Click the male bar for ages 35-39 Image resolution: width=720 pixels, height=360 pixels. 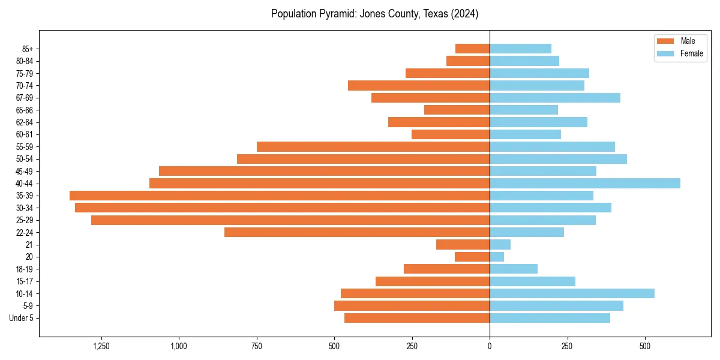pyautogui.click(x=280, y=196)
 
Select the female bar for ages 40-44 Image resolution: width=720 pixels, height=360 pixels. pyautogui.click(x=585, y=183)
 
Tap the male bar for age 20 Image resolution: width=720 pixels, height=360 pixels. pyautogui.click(x=472, y=257)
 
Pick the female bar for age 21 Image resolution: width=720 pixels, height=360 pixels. pyautogui.click(x=500, y=245)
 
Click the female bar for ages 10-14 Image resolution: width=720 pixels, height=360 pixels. pyautogui.click(x=572, y=293)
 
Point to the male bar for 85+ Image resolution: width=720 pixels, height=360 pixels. pyautogui.click(x=472, y=49)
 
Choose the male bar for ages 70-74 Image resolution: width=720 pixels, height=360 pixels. pyautogui.click(x=419, y=85)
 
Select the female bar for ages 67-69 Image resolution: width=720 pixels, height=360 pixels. pyautogui.click(x=555, y=98)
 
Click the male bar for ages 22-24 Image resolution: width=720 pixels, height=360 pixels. pyautogui.click(x=357, y=232)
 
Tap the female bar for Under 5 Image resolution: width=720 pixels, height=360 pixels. pyautogui.click(x=550, y=318)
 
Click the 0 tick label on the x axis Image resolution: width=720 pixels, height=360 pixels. pyautogui.click(x=490, y=346)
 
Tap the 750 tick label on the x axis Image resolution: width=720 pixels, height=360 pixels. pyautogui.click(x=256, y=346)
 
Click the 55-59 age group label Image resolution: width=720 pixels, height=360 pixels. pyautogui.click(x=25, y=147)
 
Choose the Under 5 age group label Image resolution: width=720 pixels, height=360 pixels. pyautogui.click(x=22, y=318)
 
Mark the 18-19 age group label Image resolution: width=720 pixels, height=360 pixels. pyautogui.click(x=25, y=269)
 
